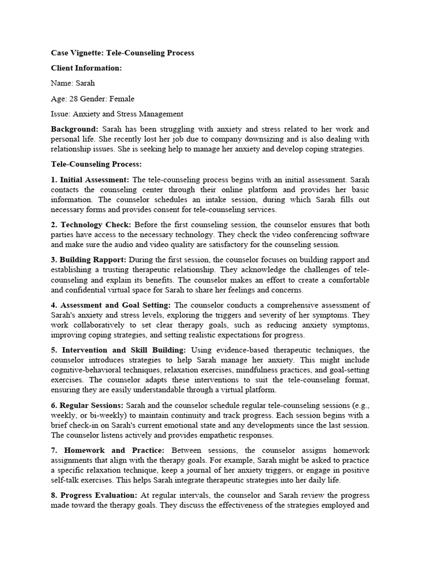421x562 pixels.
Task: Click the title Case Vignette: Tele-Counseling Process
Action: click(122, 53)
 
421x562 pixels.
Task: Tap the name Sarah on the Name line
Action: click(85, 83)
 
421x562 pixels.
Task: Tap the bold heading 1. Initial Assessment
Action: click(90, 179)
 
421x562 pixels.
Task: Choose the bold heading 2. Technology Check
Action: click(91, 225)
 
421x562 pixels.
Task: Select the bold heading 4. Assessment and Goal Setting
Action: click(111, 305)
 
